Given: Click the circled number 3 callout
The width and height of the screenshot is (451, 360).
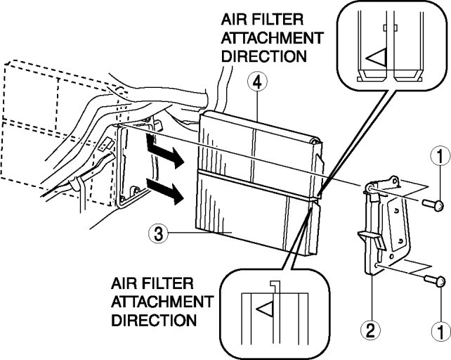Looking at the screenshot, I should click(158, 233).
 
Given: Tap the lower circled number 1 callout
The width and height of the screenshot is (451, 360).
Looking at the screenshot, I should click(438, 329).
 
